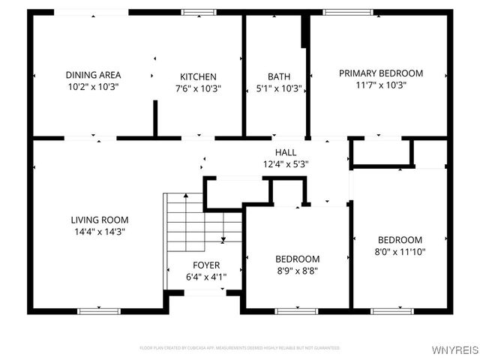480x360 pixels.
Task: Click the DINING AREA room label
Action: (93, 75)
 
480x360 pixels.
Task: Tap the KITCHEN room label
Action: (198, 76)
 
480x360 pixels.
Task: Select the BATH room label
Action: (279, 76)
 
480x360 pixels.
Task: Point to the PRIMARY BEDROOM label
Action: (381, 73)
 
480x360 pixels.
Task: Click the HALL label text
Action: (286, 152)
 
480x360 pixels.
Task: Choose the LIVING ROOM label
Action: (100, 220)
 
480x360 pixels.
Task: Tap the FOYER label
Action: (206, 265)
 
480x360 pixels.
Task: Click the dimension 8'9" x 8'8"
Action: (298, 271)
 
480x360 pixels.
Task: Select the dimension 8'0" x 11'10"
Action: (399, 252)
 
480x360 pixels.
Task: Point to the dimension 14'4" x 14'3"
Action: (100, 232)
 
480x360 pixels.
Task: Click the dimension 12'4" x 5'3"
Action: (286, 163)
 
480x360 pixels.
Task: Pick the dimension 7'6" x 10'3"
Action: (198, 88)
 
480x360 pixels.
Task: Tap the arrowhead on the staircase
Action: (223, 241)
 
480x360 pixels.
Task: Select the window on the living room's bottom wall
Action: (99, 310)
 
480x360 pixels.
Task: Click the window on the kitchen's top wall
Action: (198, 12)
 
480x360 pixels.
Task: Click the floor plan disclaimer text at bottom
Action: (240, 348)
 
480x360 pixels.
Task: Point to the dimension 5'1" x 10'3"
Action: (279, 88)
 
